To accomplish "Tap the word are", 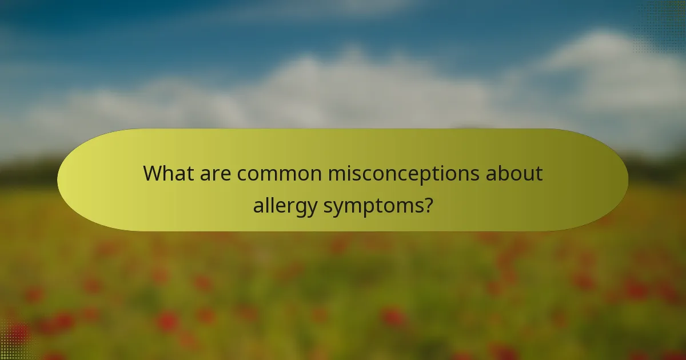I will [x=217, y=173].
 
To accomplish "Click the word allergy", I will [x=285, y=205].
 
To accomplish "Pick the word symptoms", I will [x=372, y=205].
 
